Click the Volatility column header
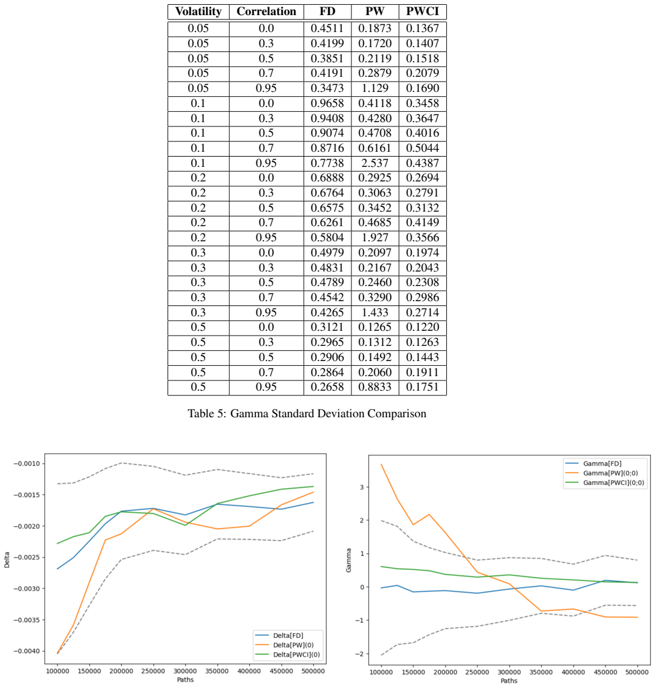198,11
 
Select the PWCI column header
422,11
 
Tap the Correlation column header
266,11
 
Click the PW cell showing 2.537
375,163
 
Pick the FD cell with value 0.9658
327,103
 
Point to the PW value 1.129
375,88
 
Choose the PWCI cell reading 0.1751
422,387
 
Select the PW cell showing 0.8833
375,387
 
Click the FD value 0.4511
327,28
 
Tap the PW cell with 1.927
375,238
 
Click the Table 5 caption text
307,414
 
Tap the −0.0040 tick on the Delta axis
27,651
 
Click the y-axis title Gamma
349,561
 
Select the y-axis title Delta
7,561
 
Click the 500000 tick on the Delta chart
313,671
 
